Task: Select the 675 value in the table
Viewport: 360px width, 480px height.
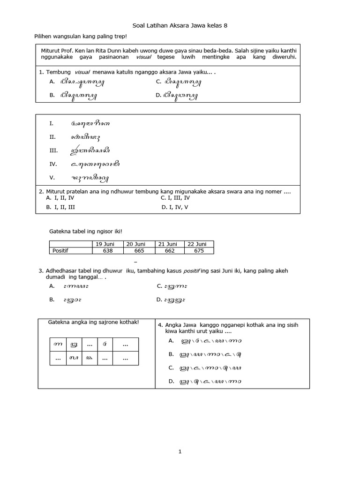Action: tap(199, 251)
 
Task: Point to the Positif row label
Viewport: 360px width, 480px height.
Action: tap(60, 251)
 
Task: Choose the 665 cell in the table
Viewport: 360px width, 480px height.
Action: tap(139, 251)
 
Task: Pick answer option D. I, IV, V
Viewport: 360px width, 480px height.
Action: tap(175, 207)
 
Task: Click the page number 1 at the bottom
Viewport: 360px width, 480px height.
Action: tap(180, 452)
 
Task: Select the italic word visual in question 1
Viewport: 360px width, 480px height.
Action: tap(82, 72)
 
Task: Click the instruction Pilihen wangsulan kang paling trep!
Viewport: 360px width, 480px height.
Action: tap(81, 37)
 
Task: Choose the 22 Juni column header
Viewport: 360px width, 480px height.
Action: tap(199, 244)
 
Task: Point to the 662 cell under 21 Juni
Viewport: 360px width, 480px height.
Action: tap(170, 251)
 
